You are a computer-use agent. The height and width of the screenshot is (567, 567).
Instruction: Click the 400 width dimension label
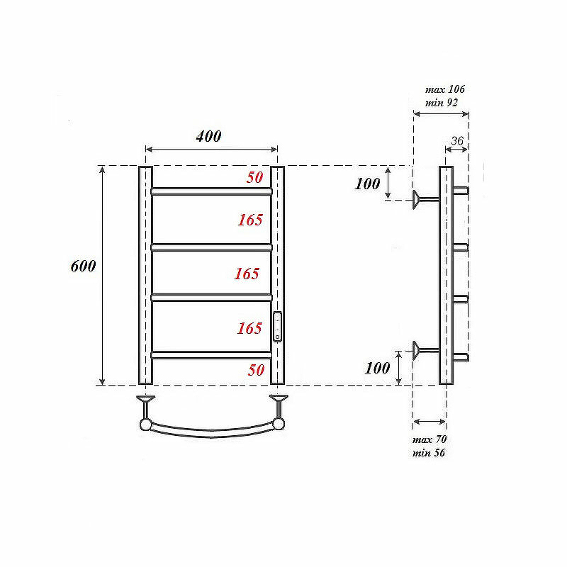pyautogui.click(x=208, y=136)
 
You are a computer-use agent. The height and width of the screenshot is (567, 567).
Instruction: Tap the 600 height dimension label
pyautogui.click(x=83, y=266)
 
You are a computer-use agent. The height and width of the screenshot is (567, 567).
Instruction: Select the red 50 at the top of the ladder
pyautogui.click(x=255, y=178)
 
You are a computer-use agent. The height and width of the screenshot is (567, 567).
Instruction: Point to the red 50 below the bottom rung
pyautogui.click(x=256, y=370)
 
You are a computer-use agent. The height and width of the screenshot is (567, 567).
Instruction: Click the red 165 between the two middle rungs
pyautogui.click(x=247, y=274)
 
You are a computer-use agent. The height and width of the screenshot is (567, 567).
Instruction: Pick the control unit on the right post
pyautogui.click(x=277, y=327)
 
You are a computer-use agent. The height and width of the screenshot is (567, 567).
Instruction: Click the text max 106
pyautogui.click(x=445, y=89)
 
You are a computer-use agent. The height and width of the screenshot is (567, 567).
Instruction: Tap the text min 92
pyautogui.click(x=441, y=103)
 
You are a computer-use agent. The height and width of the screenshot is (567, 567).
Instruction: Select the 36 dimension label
pyautogui.click(x=457, y=140)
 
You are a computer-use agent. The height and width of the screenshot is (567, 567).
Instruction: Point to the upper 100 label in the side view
pyautogui.click(x=367, y=184)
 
